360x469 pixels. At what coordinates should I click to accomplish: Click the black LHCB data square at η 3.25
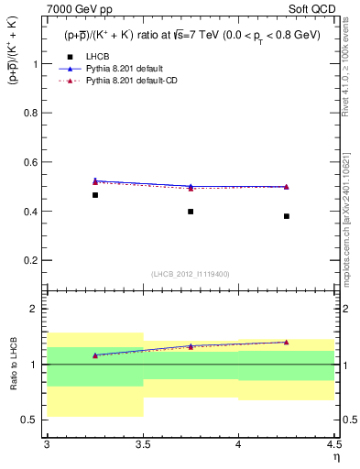[94, 195]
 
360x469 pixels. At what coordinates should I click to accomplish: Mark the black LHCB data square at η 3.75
[191, 212]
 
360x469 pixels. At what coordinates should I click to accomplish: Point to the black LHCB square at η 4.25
[287, 216]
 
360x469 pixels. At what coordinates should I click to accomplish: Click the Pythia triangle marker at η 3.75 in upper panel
[191, 187]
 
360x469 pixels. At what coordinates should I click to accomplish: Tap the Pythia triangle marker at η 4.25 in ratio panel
[287, 342]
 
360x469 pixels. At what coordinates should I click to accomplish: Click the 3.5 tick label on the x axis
[142, 444]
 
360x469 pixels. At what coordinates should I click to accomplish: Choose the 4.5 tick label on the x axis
[333, 444]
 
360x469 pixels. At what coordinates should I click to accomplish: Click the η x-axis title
[336, 456]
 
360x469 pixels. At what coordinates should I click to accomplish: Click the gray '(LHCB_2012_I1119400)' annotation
[191, 274]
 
